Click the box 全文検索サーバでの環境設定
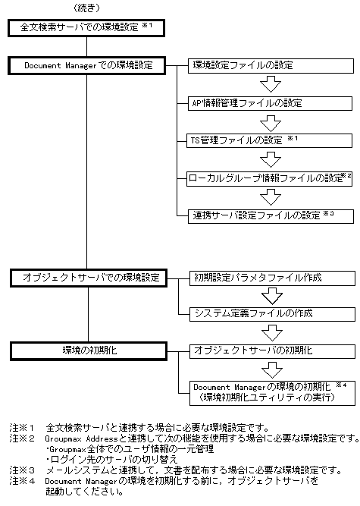86,28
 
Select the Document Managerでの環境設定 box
86,65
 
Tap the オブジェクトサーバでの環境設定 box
86,277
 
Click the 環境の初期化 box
86,350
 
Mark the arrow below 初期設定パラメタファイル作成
270,295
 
